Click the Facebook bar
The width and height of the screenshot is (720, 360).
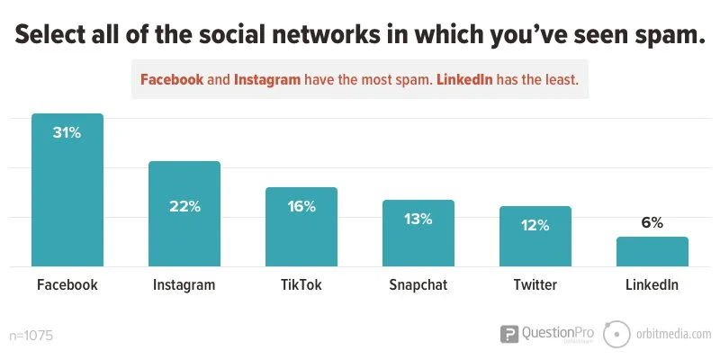(x=67, y=193)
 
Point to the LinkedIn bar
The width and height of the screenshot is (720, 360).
(x=652, y=253)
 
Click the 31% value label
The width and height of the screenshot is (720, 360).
(x=67, y=133)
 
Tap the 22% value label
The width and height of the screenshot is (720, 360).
(x=184, y=206)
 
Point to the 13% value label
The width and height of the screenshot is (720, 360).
(x=418, y=219)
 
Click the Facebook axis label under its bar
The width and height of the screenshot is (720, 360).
(x=67, y=285)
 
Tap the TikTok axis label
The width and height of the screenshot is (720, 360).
(x=301, y=285)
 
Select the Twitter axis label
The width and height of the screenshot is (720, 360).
(x=535, y=285)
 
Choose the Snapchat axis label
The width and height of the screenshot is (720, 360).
(x=418, y=285)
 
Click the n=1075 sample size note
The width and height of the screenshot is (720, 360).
(x=31, y=336)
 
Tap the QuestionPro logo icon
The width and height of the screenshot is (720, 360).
(x=509, y=335)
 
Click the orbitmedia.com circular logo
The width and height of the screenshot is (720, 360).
(x=616, y=334)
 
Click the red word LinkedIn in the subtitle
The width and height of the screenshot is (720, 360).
(x=465, y=79)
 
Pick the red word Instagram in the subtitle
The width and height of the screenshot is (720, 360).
(x=267, y=79)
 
